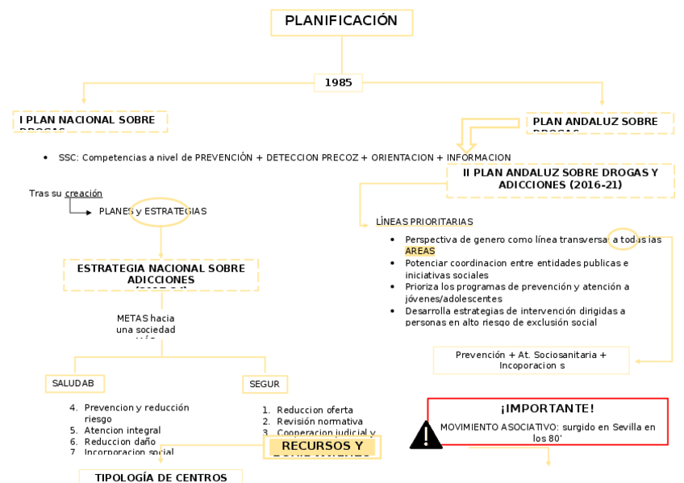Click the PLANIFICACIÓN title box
pos(341,22)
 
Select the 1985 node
pos(338,82)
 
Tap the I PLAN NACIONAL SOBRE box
pos(90,121)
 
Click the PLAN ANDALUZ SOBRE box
pos(599,123)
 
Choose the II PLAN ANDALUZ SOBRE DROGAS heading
pos(560,178)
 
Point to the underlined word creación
pos(83,194)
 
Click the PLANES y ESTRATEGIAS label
pos(152,211)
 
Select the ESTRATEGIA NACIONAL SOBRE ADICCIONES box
pos(161,274)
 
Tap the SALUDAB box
pos(73,384)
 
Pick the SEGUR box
pos(265,385)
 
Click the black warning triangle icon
pos(425,435)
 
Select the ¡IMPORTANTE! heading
pos(547,409)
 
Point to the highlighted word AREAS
pos(419,252)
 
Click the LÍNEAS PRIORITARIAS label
pos(424,222)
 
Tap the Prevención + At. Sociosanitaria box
pos(531,360)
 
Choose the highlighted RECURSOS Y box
pos(322,447)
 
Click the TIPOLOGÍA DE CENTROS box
pos(161,477)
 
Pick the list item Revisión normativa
pos(319,422)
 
